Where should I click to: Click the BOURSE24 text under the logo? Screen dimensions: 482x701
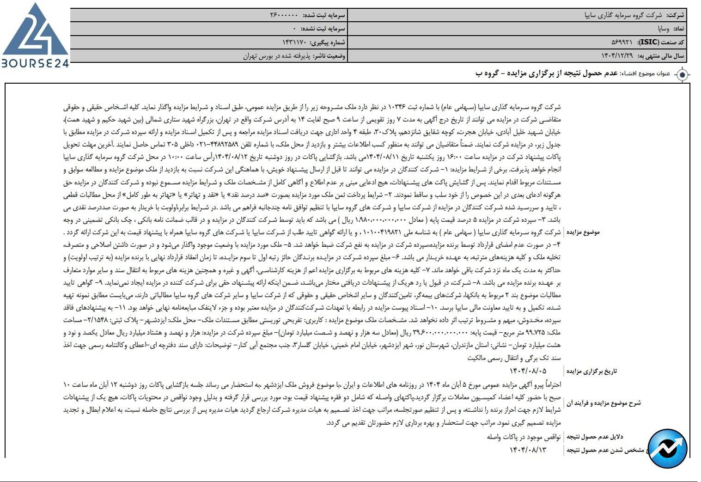pos(35,64)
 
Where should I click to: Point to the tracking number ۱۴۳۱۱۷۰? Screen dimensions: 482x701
pos(294,43)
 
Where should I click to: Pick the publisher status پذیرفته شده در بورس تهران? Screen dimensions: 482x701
pos(277,56)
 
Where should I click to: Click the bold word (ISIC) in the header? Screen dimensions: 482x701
pos(649,43)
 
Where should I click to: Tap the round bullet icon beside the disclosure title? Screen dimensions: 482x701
pos(683,74)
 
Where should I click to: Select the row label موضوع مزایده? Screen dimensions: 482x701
pos(583,232)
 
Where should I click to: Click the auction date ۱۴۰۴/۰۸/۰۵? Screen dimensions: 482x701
pos(528,371)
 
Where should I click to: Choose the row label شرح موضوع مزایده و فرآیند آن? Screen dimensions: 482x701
pos(603,403)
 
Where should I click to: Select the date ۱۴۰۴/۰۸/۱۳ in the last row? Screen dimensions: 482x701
pos(528,450)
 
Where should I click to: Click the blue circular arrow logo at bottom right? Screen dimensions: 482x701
pos(667,448)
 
